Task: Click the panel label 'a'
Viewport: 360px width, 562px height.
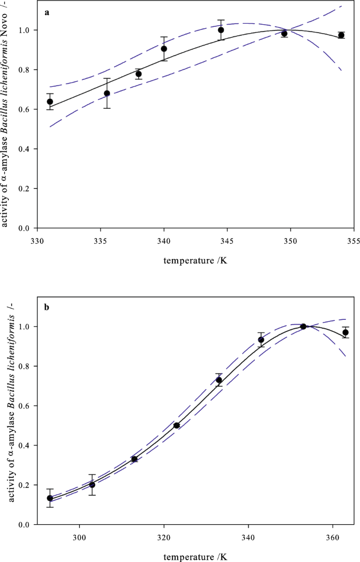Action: pos(47,13)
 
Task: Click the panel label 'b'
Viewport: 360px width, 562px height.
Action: pos(47,307)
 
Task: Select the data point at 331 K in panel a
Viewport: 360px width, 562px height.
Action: pos(50,101)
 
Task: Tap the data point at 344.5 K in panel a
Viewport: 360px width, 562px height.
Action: pos(221,30)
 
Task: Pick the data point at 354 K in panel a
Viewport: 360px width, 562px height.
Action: pos(341,35)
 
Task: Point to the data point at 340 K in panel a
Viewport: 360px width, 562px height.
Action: pos(164,49)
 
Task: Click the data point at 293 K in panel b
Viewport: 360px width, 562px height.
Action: pos(50,498)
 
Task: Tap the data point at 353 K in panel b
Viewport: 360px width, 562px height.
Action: pos(303,327)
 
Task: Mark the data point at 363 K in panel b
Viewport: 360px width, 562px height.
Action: pos(345,332)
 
